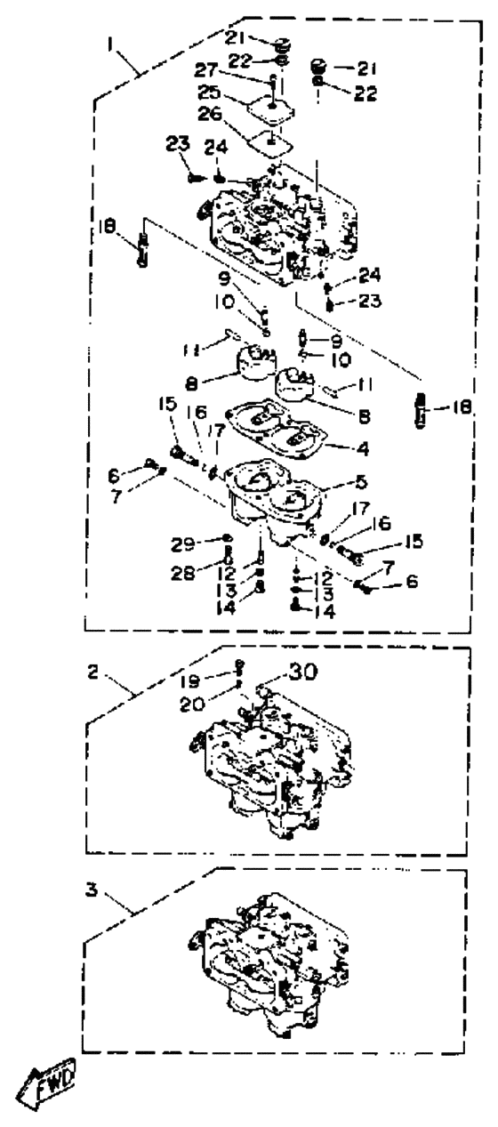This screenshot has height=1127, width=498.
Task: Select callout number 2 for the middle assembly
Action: [92, 672]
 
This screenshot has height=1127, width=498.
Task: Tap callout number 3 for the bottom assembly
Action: [91, 890]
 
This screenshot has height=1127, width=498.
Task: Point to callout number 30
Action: [301, 672]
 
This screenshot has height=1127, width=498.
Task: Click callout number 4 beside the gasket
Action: [362, 447]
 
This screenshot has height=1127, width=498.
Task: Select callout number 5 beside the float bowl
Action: [361, 482]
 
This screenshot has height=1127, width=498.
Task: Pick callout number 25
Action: [210, 93]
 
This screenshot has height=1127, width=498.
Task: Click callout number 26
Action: [210, 114]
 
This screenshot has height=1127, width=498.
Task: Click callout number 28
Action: [183, 572]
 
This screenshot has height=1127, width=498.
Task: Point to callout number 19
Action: [189, 680]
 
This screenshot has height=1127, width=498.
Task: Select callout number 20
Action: [192, 704]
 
